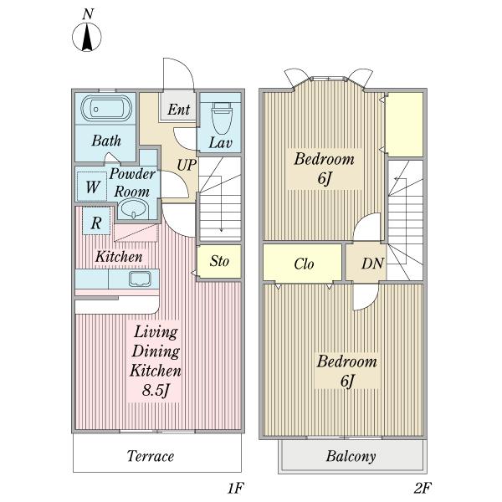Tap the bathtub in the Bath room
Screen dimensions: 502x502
(106, 109)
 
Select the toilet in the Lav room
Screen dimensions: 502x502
(222, 118)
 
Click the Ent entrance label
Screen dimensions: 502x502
(179, 110)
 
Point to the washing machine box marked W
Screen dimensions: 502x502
(92, 187)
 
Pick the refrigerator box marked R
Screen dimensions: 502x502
(96, 221)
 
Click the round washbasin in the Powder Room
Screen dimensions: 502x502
(134, 209)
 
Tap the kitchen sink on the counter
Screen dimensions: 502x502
(140, 279)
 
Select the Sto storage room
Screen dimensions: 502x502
(219, 262)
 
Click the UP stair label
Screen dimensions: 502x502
(187, 165)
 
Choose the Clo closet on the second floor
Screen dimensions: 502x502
(302, 264)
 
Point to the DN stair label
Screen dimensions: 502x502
(372, 264)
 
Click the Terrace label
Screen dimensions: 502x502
(151, 456)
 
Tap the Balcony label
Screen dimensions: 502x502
(351, 456)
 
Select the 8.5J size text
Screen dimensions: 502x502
(156, 390)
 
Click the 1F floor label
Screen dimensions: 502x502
(236, 489)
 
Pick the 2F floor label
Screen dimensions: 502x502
(422, 489)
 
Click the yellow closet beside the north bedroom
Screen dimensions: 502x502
(405, 125)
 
